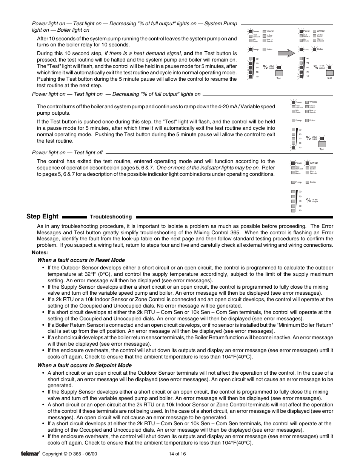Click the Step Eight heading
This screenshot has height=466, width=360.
[42, 216]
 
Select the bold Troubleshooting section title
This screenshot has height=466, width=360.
[111, 217]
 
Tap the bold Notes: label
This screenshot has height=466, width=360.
[40, 252]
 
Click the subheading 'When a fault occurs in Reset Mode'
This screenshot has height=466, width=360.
[81, 260]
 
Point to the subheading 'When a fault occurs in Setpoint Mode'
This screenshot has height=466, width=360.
[84, 365]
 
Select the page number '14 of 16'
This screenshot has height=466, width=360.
[177, 454]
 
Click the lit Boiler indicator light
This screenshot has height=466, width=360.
[314, 49]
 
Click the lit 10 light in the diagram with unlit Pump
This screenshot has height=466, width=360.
[293, 148]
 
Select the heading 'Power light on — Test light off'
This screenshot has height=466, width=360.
[67, 152]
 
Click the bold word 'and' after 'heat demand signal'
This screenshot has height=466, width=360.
[188, 53]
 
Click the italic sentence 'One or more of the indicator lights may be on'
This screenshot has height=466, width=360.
[208, 168]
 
